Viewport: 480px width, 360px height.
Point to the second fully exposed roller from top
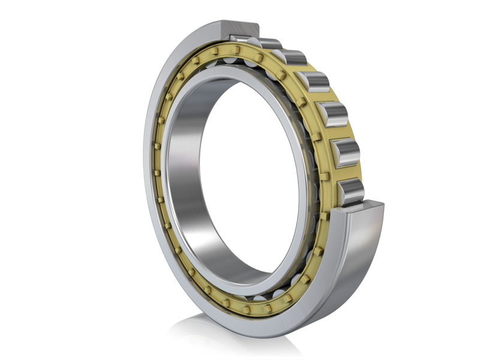pyautogui.click(x=314, y=82)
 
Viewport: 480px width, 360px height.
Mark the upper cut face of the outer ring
pyautogui.click(x=240, y=28)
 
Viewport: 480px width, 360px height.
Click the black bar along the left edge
pyautogui.click(x=30, y=180)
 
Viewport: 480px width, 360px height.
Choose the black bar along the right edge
pyautogui.click(x=450, y=180)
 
